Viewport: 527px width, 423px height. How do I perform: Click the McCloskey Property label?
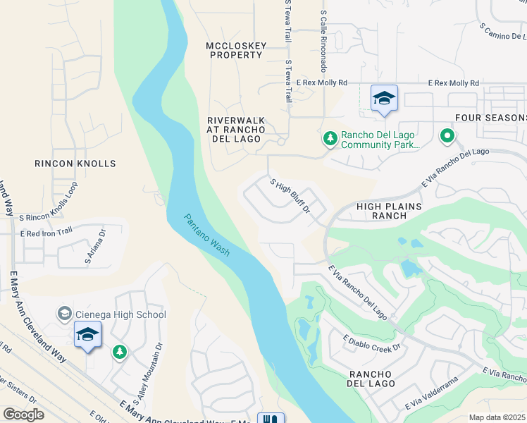pos(236,50)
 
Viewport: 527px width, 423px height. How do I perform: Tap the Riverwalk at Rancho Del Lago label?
pos(236,130)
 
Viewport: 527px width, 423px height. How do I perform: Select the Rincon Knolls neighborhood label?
pos(75,164)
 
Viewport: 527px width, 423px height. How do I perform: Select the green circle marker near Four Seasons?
pos(446,136)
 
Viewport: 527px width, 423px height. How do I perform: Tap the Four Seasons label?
pos(490,118)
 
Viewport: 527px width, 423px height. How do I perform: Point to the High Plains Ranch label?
pos(389,211)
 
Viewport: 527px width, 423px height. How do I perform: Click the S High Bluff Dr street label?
pos(291,195)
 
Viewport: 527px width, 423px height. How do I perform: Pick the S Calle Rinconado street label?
pos(323,42)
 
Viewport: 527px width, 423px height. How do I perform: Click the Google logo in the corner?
pos(23,415)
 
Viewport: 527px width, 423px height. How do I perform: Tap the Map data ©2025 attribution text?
pos(497,417)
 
